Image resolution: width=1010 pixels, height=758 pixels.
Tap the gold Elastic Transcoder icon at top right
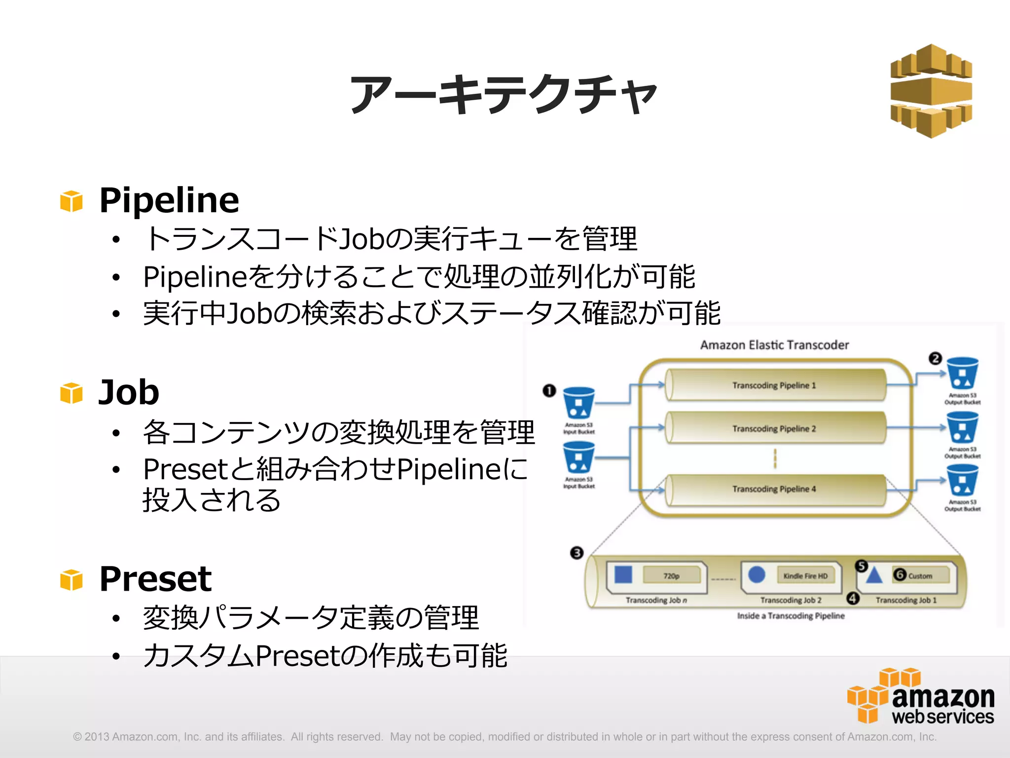(931, 91)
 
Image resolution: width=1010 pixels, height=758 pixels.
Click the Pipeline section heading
(169, 200)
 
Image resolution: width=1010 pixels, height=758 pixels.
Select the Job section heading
(129, 392)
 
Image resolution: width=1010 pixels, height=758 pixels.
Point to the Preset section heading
(155, 578)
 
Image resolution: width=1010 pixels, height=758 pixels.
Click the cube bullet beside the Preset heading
(72, 580)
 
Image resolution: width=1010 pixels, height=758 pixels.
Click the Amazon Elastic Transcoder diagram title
(774, 345)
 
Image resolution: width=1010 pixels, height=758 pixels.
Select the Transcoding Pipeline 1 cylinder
(774, 385)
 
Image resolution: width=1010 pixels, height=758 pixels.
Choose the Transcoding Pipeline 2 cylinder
(774, 428)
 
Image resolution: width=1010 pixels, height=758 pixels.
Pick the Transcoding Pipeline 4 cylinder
(774, 489)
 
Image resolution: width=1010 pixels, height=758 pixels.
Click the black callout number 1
(549, 391)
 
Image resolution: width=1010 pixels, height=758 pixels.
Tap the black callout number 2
(935, 358)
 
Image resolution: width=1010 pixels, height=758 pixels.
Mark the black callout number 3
(577, 553)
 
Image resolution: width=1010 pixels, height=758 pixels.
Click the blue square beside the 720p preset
(623, 575)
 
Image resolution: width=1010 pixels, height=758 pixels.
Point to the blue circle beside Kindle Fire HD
(757, 575)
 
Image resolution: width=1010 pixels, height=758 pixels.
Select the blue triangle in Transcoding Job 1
(874, 575)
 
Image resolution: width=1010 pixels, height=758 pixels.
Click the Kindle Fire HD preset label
(805, 576)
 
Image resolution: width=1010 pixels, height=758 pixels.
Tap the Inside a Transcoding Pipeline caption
(791, 616)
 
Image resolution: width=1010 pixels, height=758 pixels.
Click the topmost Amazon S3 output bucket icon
(963, 374)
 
